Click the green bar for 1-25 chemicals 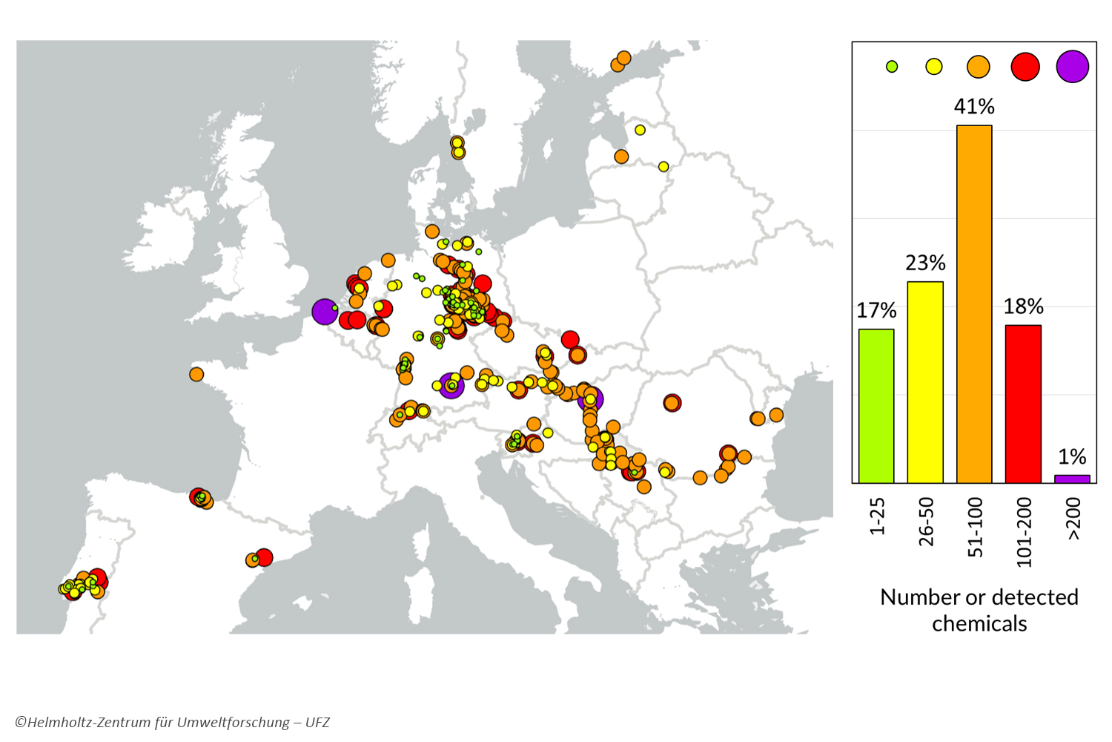(x=876, y=406)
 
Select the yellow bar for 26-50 (x=925, y=382)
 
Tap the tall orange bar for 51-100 (x=974, y=304)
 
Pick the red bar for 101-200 (x=1023, y=404)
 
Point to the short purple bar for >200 (x=1072, y=479)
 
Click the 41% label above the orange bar (x=974, y=107)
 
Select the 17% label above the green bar (x=876, y=310)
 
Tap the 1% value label (x=1072, y=456)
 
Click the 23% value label (x=925, y=263)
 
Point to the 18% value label (x=1023, y=306)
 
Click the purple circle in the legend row (x=1072, y=67)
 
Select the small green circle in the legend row (x=892, y=67)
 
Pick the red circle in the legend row (x=1025, y=67)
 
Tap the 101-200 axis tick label (x=1024, y=532)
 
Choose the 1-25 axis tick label (x=877, y=516)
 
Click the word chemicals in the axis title (x=979, y=624)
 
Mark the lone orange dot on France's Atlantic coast (x=196, y=374)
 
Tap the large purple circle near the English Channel (x=325, y=312)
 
